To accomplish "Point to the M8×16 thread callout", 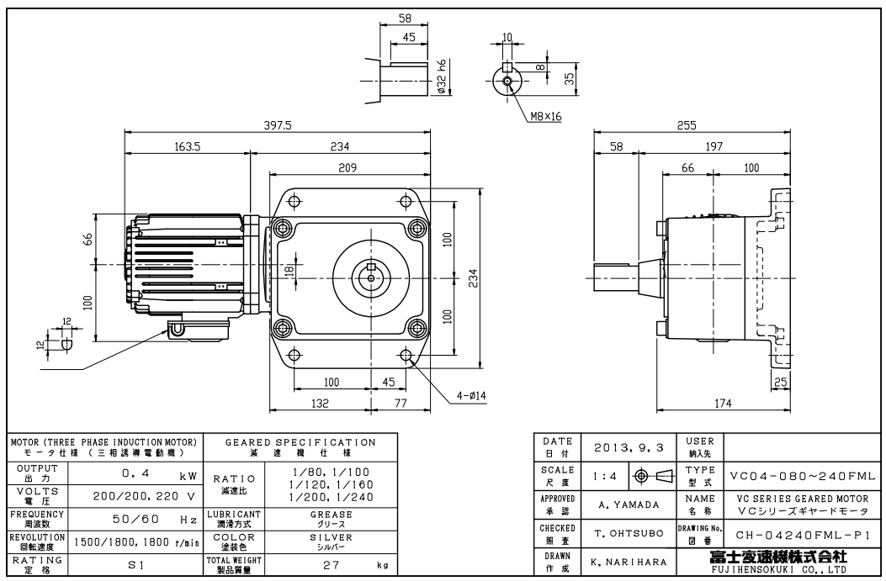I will (x=547, y=115).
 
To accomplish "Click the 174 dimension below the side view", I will (x=722, y=404).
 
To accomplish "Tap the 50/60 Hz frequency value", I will (x=133, y=520).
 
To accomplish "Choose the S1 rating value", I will (x=135, y=566).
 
